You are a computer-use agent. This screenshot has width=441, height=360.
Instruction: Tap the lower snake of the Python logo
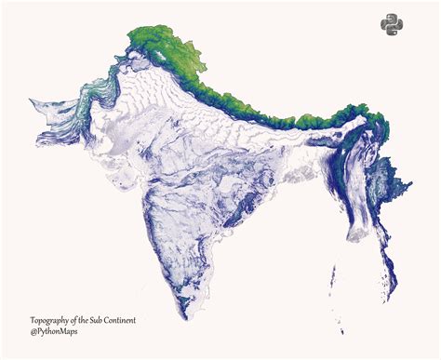click(x=395, y=32)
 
